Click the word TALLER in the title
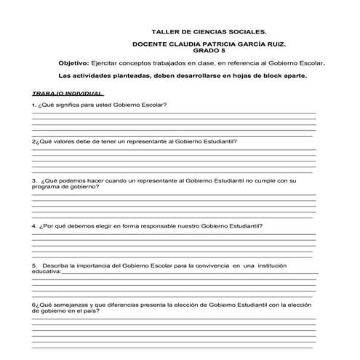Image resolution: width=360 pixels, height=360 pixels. [163, 32]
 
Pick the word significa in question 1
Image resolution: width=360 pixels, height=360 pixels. [68, 105]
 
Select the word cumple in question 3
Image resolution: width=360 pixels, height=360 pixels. [260, 180]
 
